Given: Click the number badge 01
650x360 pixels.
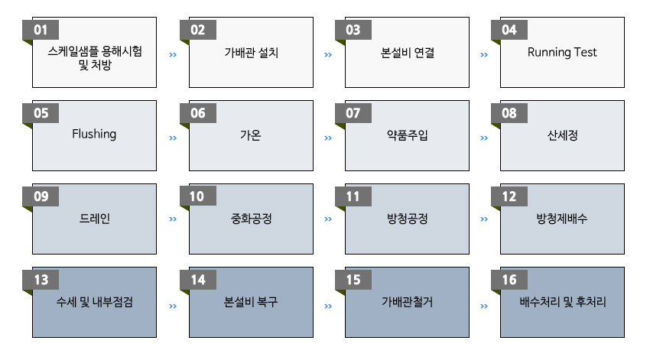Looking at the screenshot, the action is click(x=41, y=30).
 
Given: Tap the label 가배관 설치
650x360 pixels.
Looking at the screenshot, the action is click(x=252, y=53).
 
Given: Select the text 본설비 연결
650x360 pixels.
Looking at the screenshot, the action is click(x=407, y=53).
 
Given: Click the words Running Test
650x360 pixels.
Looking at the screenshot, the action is click(x=562, y=52).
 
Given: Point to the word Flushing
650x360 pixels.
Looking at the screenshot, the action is click(x=94, y=135).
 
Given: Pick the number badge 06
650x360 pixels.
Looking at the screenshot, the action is click(x=198, y=113).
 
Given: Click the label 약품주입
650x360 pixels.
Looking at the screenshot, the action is click(x=407, y=135).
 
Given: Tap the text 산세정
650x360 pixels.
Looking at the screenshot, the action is click(x=562, y=135).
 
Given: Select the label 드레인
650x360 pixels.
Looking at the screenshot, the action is click(x=95, y=219).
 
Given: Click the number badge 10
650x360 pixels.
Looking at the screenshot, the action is click(x=198, y=196).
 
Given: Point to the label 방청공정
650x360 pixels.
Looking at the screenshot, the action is click(x=407, y=219).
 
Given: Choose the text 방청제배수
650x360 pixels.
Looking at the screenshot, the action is click(x=562, y=219).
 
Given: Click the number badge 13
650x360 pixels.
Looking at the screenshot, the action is click(x=41, y=280).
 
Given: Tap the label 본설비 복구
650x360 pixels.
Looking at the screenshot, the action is click(x=251, y=302).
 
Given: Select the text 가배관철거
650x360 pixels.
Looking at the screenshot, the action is click(x=407, y=302).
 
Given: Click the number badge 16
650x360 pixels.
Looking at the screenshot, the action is click(x=509, y=280).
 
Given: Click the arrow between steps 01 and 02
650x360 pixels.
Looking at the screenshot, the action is click(x=173, y=55).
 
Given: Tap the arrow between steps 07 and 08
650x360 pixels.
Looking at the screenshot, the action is click(x=484, y=138).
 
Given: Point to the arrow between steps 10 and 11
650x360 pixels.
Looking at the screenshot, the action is click(x=328, y=219).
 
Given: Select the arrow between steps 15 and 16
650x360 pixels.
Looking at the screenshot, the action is click(x=484, y=306).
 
